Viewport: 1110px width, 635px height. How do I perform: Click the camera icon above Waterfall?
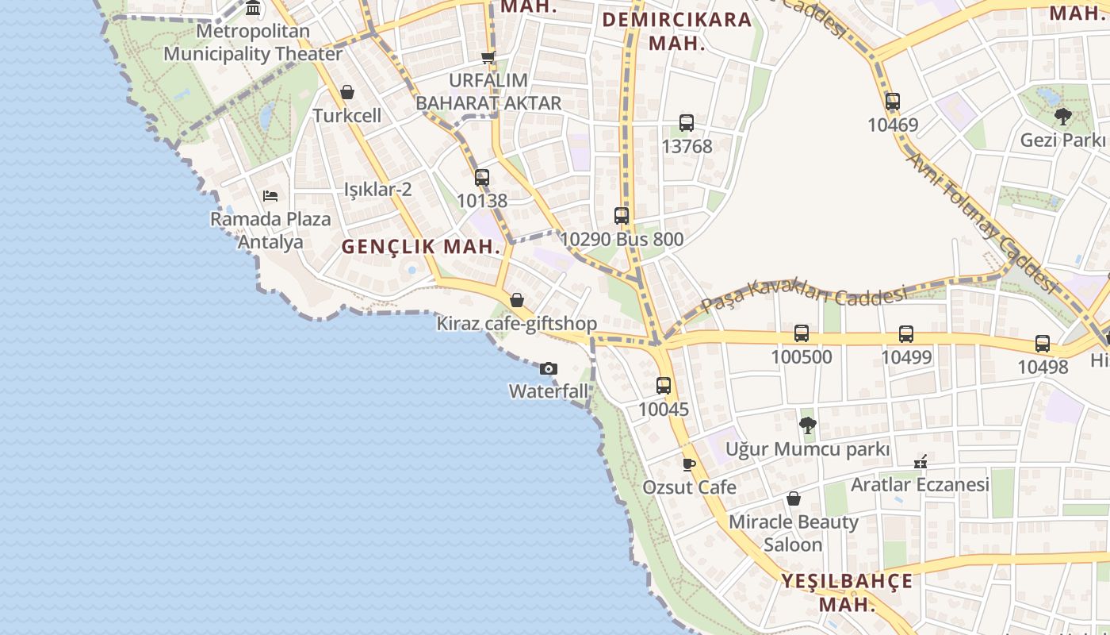tap(548, 368)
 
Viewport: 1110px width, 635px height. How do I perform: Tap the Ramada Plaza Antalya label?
tap(270, 229)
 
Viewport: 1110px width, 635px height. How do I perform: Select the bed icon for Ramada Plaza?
tap(270, 195)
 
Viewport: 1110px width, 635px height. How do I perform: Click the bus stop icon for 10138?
tap(482, 178)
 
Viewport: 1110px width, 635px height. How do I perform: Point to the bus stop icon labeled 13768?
tap(687, 123)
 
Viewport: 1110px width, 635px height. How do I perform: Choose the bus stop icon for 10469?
tap(893, 102)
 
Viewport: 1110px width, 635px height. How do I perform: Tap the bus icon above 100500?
tap(802, 333)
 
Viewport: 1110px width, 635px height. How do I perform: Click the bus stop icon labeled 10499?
tap(906, 334)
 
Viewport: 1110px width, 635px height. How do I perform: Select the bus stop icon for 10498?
tap(1043, 344)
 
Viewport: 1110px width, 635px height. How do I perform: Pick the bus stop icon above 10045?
tap(664, 387)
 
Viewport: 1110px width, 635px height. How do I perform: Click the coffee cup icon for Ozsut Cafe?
tap(689, 464)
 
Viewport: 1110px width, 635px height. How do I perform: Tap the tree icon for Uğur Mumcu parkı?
tap(807, 425)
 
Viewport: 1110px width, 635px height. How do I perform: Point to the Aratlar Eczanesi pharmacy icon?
tap(921, 461)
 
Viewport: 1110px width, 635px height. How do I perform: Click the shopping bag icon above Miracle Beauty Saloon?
tap(793, 498)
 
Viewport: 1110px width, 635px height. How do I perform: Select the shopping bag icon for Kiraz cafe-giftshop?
tap(517, 300)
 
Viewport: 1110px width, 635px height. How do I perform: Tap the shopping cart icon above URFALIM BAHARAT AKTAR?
tap(488, 57)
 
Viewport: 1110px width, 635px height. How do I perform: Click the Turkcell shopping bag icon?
tap(346, 92)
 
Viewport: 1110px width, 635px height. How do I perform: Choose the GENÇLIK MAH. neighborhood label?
tap(421, 247)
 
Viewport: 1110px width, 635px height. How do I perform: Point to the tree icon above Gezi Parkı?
tap(1062, 117)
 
